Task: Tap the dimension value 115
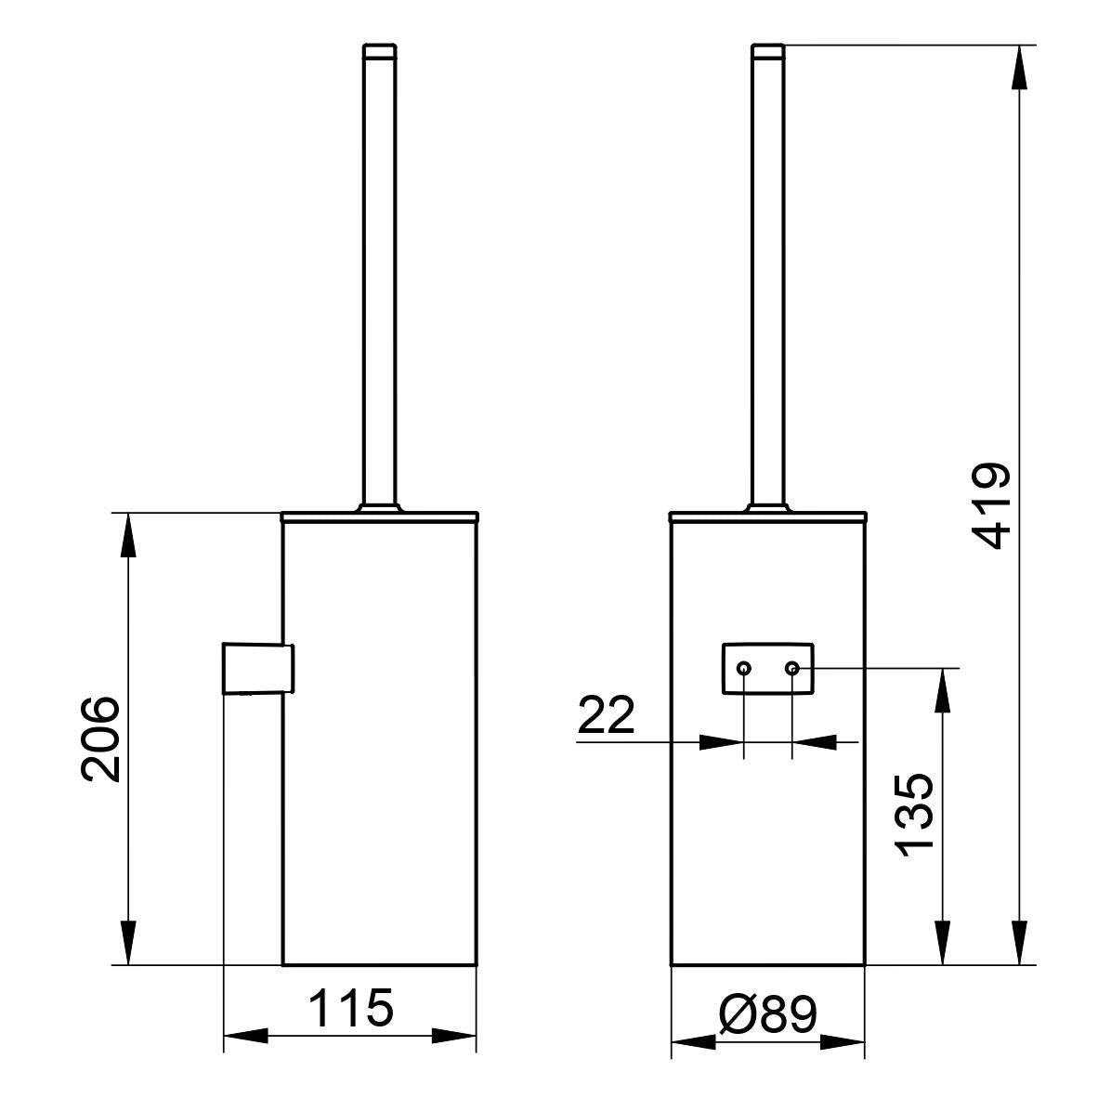[x=350, y=1009]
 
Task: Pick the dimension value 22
[x=607, y=716]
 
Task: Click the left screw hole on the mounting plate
[x=744, y=669]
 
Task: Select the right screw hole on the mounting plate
[x=791, y=669]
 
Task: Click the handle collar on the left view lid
[x=379, y=507]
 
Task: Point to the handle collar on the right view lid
[x=767, y=507]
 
